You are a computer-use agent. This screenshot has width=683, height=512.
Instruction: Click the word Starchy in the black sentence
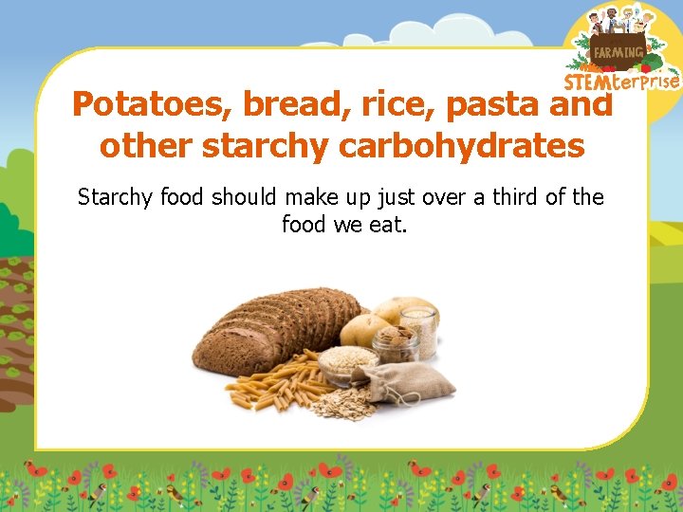[117, 197]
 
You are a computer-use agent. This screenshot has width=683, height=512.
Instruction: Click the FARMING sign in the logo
[618, 52]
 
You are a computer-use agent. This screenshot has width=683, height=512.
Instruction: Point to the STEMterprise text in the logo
[622, 82]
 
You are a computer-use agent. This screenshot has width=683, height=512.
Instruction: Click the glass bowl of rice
[348, 361]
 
